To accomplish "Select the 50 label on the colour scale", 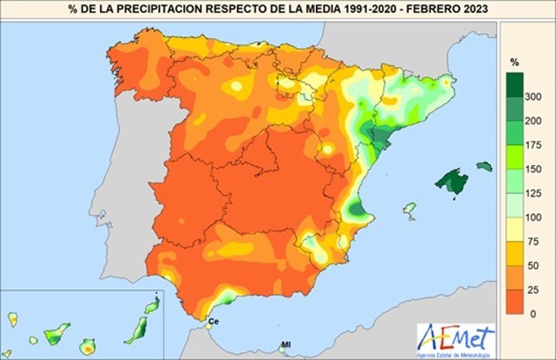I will coord(534,265).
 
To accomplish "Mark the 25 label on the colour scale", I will coord(534,289).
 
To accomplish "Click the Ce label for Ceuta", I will coord(214,321).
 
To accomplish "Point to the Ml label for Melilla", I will coord(285,346).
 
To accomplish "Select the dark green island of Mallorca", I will coord(451,181).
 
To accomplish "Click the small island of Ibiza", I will coord(409,211).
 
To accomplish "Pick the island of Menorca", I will coord(483,166).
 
